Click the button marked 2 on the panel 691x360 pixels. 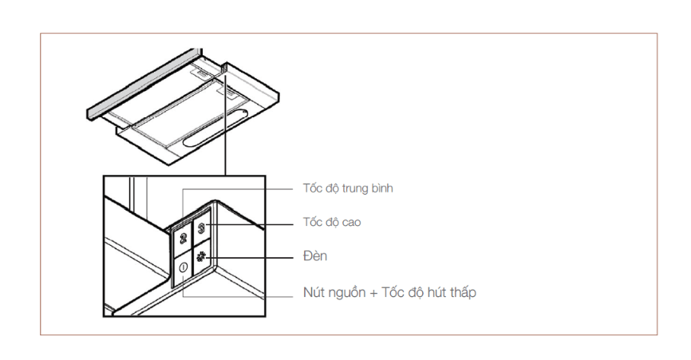183,239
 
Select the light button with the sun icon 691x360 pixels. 202,257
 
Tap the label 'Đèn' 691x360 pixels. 315,255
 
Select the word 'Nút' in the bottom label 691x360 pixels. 313,292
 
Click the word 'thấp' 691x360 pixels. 462,293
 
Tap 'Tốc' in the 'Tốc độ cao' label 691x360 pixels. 312,222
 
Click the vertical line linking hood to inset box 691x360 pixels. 225,125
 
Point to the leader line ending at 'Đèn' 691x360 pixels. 250,258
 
